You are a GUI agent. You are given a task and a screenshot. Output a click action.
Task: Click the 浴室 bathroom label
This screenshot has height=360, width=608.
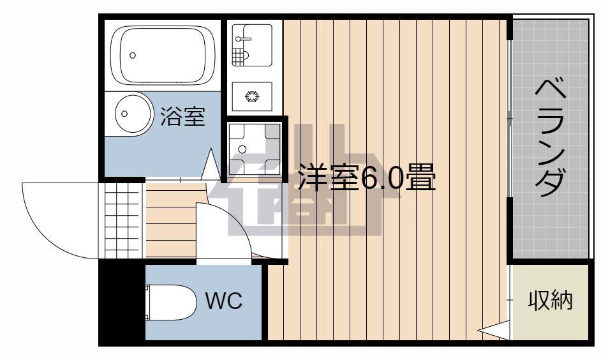tap(182, 116)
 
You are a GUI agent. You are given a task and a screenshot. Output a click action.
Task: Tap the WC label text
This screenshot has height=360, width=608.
tap(224, 300)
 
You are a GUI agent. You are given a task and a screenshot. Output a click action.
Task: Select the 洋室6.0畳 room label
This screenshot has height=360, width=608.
tap(367, 177)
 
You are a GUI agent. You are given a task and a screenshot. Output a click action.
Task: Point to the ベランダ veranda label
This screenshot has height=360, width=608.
tap(549, 137)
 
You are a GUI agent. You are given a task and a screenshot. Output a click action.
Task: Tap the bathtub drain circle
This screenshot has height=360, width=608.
tap(133, 56)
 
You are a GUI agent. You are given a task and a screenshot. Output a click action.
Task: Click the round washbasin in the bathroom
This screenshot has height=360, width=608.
tap(133, 114)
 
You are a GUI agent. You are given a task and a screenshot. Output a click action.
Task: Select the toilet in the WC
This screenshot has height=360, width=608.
tap(171, 303)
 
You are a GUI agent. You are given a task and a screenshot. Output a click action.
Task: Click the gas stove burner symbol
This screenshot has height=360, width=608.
tap(252, 96)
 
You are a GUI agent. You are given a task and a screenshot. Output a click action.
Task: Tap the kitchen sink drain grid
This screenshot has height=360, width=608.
tap(240, 57)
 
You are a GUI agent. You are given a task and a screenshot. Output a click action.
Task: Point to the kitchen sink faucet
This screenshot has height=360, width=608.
tap(243, 39)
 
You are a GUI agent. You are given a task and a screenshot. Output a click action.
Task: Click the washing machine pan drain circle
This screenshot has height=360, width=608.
tap(242, 149)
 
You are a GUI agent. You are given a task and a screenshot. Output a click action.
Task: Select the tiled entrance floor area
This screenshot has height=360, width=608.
tap(122, 221)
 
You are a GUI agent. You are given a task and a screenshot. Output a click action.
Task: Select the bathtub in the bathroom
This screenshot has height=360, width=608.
tap(163, 55)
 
